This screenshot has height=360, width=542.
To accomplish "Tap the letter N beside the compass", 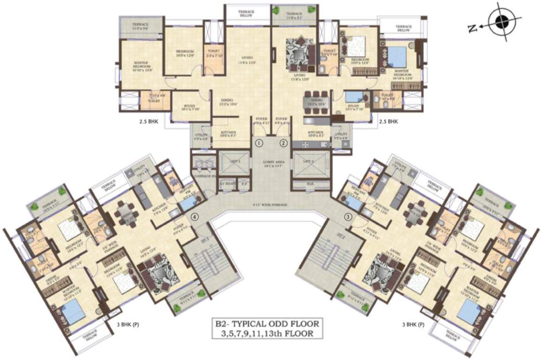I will pyautogui.click(x=473, y=29).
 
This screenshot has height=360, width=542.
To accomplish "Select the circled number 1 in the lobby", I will pyautogui.click(x=259, y=143).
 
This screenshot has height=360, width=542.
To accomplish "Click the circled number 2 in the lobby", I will pyautogui.click(x=283, y=143).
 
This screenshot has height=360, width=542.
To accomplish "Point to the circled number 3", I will pyautogui.click(x=348, y=217).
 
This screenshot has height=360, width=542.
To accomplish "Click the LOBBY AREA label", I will pyautogui.click(x=271, y=162).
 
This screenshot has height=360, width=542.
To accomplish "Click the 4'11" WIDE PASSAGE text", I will pyautogui.click(x=271, y=205).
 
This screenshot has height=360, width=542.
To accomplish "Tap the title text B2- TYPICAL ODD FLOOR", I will pyautogui.click(x=267, y=324).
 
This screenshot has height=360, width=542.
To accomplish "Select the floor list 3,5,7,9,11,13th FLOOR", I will pyautogui.click(x=267, y=334).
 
